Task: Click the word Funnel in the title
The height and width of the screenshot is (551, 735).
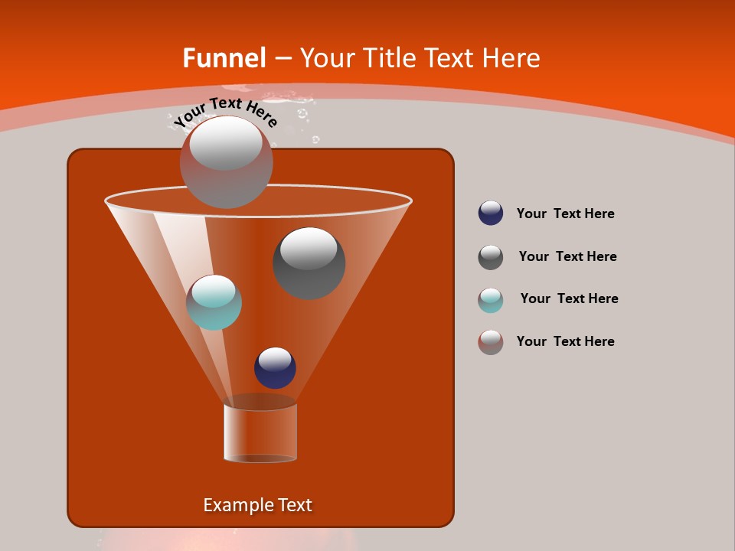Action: (x=224, y=58)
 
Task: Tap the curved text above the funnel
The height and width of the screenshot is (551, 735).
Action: (x=225, y=112)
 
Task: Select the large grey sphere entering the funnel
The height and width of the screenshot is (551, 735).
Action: (x=226, y=161)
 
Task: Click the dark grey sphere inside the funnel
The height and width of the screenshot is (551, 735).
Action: (x=309, y=262)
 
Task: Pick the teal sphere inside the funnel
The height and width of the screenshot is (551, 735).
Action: (x=214, y=302)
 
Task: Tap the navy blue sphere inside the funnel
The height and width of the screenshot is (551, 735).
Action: (x=275, y=367)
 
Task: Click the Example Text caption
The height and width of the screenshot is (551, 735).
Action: (x=257, y=505)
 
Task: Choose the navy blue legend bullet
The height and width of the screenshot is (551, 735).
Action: (x=491, y=213)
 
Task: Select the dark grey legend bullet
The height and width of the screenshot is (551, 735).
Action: (x=491, y=257)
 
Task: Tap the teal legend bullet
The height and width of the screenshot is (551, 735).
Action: (x=491, y=300)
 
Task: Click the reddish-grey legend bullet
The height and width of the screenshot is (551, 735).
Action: (x=491, y=342)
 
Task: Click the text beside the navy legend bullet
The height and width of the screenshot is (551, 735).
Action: (x=565, y=214)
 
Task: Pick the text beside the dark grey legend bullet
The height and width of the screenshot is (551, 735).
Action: (x=567, y=256)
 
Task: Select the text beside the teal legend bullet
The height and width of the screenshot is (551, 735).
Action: (x=569, y=298)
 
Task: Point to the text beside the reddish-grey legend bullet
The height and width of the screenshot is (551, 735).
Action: (x=565, y=341)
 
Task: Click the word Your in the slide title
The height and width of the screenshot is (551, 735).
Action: (x=327, y=58)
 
